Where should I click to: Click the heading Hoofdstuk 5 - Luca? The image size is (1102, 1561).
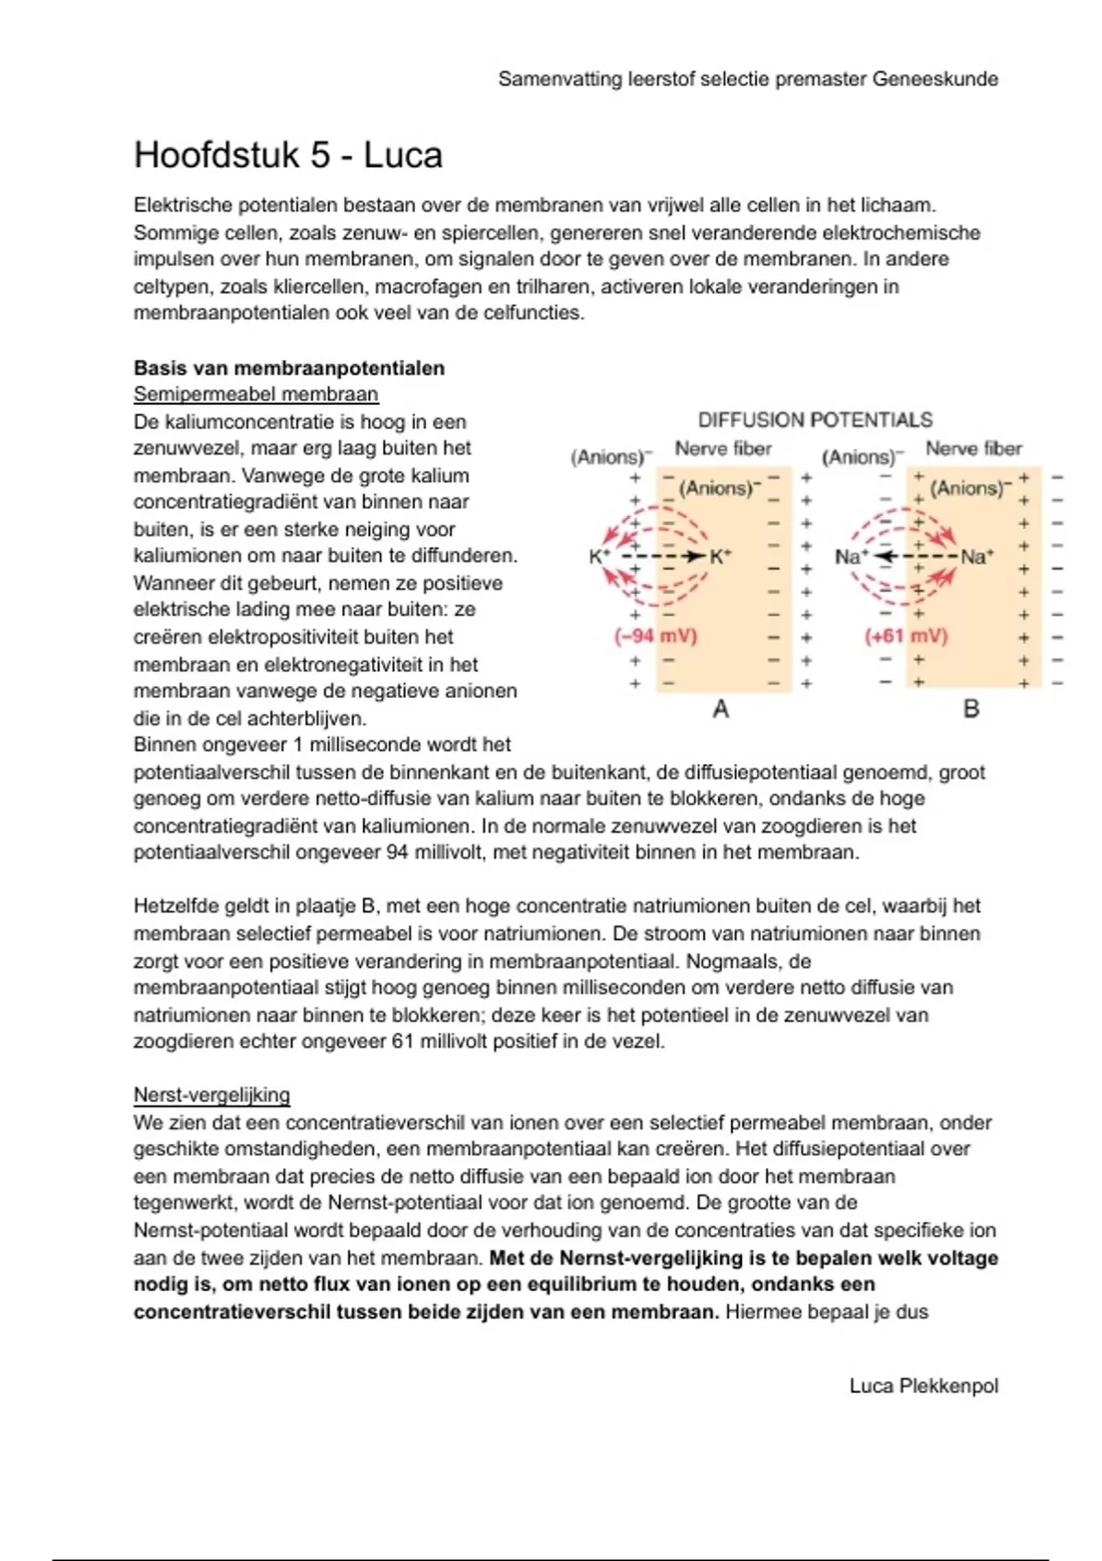287,155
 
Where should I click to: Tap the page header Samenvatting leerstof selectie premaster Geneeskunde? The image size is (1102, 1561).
748,79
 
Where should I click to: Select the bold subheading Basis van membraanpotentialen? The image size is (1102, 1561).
288,368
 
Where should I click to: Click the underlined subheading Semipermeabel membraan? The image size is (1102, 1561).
255,395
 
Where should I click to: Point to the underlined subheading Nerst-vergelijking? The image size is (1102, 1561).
211,1095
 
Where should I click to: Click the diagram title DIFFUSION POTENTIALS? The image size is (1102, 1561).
815,420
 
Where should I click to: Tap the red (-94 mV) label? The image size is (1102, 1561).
655,635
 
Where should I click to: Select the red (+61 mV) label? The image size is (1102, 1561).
905,635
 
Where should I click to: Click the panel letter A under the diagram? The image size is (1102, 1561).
721,709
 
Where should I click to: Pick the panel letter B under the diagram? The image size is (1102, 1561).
971,709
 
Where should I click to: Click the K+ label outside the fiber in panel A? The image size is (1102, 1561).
600,556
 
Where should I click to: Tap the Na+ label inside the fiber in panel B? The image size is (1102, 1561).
977,556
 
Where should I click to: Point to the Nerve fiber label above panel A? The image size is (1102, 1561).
723,449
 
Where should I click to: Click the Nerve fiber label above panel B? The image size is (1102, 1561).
973,449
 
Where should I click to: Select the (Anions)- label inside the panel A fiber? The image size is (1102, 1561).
721,488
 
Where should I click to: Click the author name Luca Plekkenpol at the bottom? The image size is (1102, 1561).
923,1386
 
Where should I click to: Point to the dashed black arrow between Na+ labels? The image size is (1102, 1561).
914,556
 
